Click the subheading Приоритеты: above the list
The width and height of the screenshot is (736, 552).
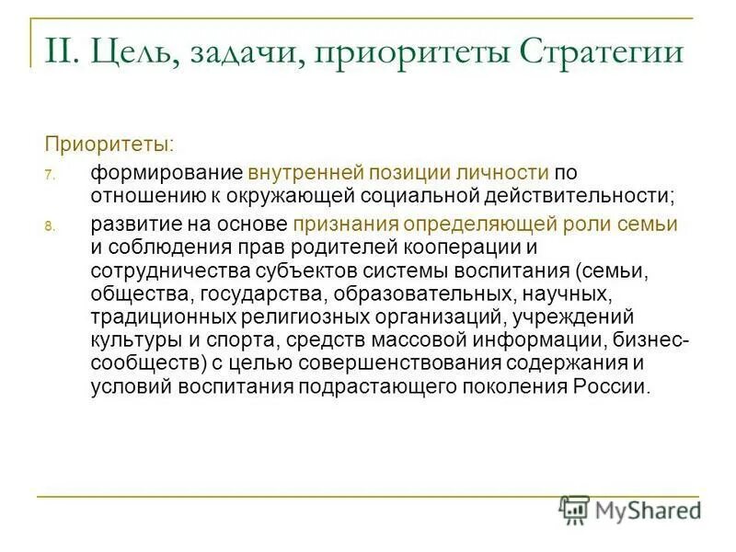click(109, 144)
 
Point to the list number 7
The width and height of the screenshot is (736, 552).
click(52, 173)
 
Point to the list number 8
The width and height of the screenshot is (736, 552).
click(52, 226)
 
